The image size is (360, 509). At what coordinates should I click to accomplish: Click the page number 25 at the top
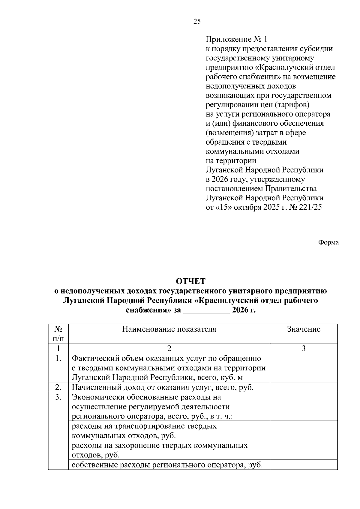[x=197, y=21]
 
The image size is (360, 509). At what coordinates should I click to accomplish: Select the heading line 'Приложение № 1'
[x=236, y=39]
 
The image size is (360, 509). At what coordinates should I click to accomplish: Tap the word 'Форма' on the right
[x=328, y=242]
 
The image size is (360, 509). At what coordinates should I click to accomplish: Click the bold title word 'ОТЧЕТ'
[x=190, y=281]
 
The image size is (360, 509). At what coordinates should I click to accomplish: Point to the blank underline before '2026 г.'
[x=206, y=310]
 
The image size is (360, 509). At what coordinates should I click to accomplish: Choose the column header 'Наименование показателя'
[x=169, y=329]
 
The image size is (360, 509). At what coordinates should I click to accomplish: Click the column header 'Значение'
[x=304, y=329]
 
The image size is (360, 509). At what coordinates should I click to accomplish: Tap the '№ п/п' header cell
[x=58, y=334]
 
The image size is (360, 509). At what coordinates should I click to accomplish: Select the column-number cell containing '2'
[x=169, y=349]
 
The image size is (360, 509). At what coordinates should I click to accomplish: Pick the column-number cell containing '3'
[x=304, y=349]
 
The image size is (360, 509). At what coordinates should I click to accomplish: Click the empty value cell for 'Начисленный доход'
[x=304, y=388]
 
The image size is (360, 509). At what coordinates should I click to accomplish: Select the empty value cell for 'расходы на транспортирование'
[x=304, y=431]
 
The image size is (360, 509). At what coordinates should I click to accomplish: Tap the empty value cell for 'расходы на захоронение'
[x=304, y=450]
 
